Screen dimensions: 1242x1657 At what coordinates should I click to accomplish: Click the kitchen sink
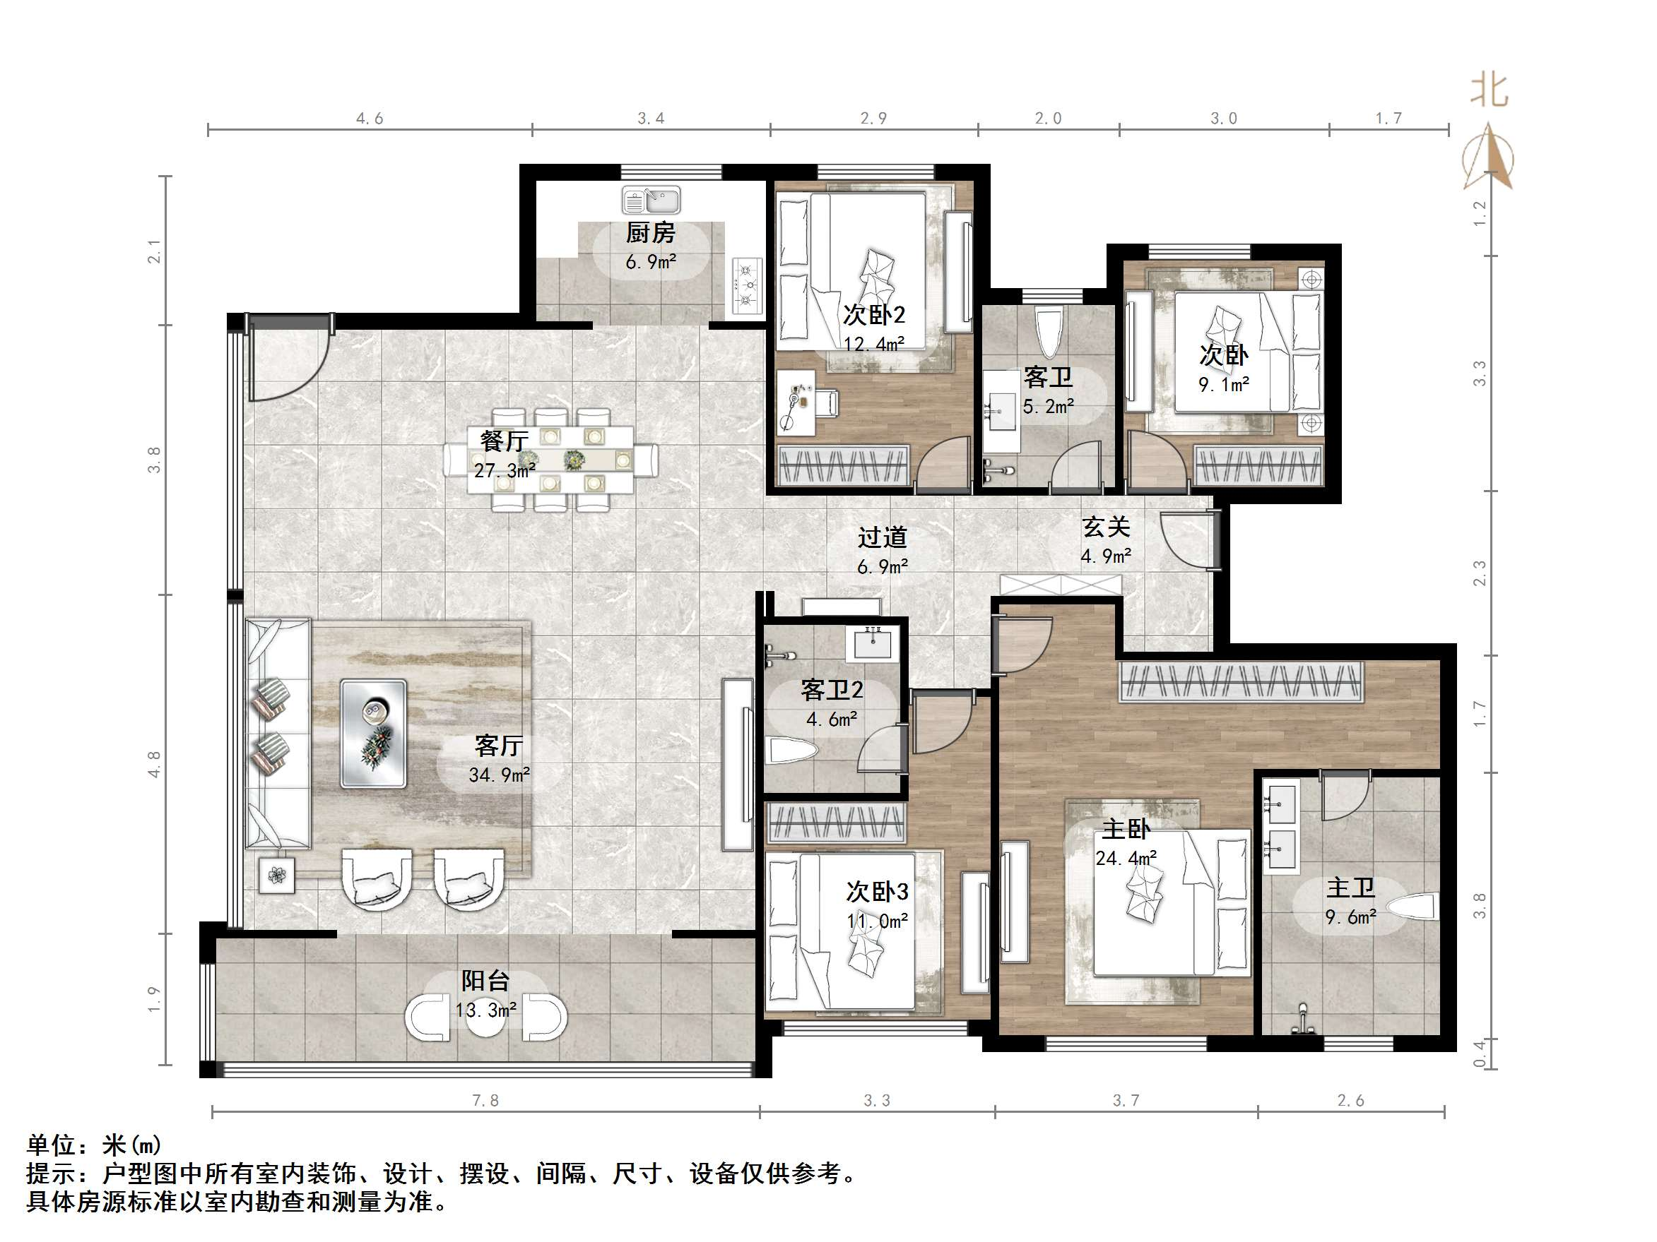pyautogui.click(x=650, y=201)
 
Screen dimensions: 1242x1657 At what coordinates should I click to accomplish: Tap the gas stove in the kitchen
pyautogui.click(x=747, y=285)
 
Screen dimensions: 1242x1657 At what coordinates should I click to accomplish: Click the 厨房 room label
pyautogui.click(x=650, y=233)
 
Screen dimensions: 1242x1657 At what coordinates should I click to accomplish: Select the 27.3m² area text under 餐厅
pyautogui.click(x=504, y=470)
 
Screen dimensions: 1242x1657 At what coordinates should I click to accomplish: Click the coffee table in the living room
pyautogui.click(x=373, y=734)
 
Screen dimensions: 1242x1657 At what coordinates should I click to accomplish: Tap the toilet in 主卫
pyautogui.click(x=1411, y=907)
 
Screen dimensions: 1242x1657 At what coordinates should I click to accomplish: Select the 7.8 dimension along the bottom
pyautogui.click(x=485, y=1101)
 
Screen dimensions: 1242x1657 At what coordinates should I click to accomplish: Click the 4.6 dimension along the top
pyautogui.click(x=370, y=119)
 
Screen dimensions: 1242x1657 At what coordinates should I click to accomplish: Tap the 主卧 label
pyautogui.click(x=1126, y=829)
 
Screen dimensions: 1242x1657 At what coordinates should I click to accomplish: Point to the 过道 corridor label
pyautogui.click(x=882, y=537)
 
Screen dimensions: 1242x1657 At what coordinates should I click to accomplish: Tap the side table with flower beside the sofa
pyautogui.click(x=276, y=874)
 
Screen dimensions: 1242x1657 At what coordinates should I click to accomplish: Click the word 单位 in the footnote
pyautogui.click(x=51, y=1145)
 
